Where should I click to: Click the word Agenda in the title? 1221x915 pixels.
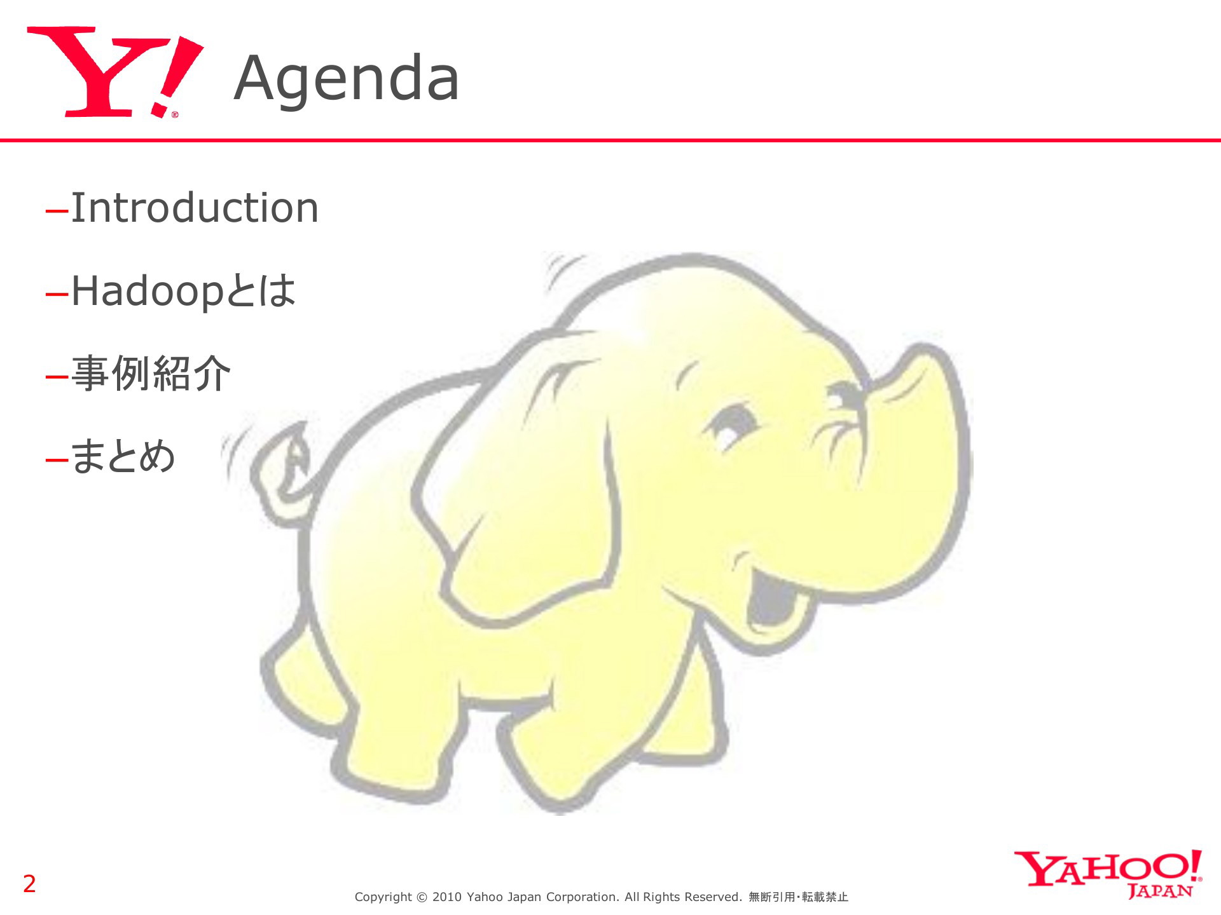347,79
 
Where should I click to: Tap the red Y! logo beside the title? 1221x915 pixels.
115,72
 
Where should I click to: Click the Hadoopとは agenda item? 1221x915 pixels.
184,291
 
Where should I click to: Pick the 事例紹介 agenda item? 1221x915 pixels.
151,373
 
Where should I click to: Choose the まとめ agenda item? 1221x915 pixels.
123,456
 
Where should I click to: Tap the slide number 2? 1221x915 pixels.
29,884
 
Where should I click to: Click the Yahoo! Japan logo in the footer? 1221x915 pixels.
1108,874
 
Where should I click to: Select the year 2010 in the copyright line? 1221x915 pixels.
446,897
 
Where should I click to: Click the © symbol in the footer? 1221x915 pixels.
422,897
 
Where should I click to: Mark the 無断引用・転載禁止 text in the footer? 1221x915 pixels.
798,897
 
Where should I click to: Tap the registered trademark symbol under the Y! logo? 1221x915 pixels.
175,115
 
